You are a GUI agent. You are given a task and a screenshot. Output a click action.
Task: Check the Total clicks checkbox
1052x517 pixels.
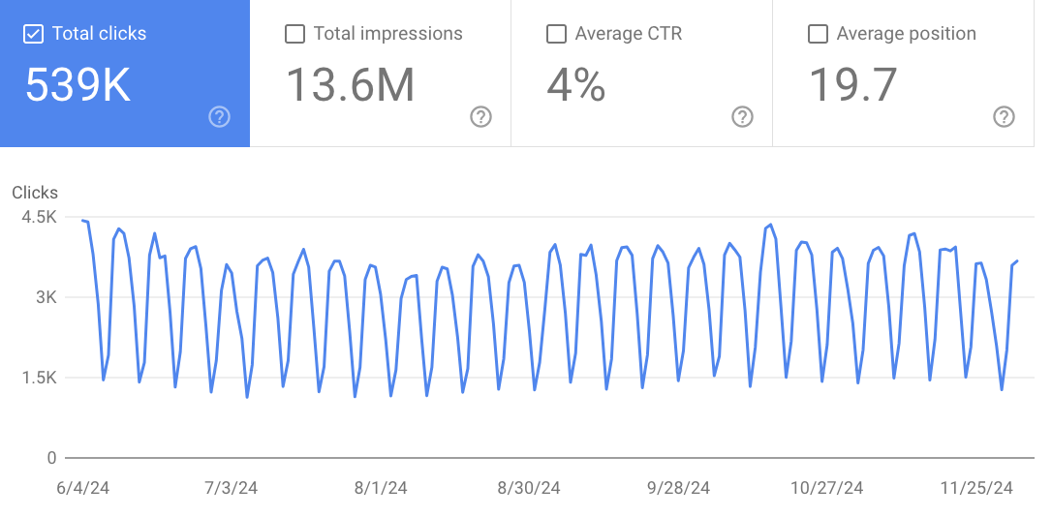pyautogui.click(x=33, y=34)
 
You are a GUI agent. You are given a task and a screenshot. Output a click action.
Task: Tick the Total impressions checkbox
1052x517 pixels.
pyautogui.click(x=294, y=34)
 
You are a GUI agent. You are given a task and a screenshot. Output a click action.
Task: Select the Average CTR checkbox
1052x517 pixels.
pyautogui.click(x=556, y=34)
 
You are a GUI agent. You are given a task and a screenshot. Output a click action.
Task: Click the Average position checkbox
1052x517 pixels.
pyautogui.click(x=818, y=34)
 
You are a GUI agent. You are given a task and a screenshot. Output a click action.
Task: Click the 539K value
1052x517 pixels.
pyautogui.click(x=77, y=85)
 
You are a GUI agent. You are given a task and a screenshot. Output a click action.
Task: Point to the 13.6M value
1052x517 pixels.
pyautogui.click(x=350, y=85)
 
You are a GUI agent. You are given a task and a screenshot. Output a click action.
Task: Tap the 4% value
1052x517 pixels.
pyautogui.click(x=575, y=85)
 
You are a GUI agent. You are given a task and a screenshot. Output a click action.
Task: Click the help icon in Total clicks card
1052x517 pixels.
pyautogui.click(x=220, y=117)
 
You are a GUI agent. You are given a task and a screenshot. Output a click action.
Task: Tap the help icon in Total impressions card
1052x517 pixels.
pyautogui.click(x=480, y=117)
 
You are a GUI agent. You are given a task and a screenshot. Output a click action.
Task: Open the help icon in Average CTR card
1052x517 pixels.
pyautogui.click(x=742, y=117)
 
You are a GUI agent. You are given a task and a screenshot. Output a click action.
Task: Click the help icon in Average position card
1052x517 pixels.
pyautogui.click(x=1004, y=117)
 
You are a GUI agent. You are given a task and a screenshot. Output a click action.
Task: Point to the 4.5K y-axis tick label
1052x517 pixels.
pyautogui.click(x=39, y=217)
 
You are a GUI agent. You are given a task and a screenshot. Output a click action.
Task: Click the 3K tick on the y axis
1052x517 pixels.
pyautogui.click(x=46, y=297)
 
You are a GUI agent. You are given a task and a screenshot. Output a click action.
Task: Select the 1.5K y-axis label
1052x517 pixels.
pyautogui.click(x=39, y=378)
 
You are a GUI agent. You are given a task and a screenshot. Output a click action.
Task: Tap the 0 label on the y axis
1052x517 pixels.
pyautogui.click(x=51, y=458)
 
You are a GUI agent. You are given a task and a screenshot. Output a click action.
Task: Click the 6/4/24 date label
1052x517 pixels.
pyautogui.click(x=83, y=488)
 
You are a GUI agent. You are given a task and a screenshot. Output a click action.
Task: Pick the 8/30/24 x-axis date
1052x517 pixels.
pyautogui.click(x=529, y=488)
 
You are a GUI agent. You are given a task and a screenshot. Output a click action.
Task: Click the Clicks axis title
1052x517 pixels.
pyautogui.click(x=35, y=193)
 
